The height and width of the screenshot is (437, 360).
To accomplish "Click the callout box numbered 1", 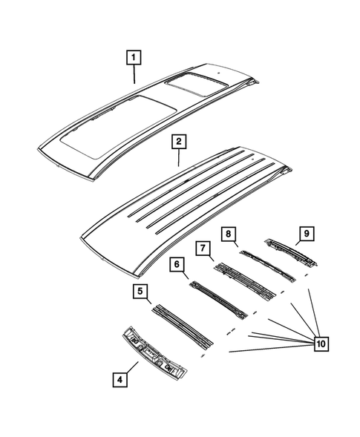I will (134, 56).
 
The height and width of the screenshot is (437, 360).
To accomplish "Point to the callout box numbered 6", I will (177, 264).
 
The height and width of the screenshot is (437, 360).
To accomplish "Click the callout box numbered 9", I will (304, 235).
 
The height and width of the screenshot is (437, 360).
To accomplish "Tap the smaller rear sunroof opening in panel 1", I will (190, 84).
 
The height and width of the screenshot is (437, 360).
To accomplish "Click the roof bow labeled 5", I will (182, 326).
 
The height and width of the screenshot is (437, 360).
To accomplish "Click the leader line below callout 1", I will (134, 73).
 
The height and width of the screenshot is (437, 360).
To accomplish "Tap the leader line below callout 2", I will (177, 156).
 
